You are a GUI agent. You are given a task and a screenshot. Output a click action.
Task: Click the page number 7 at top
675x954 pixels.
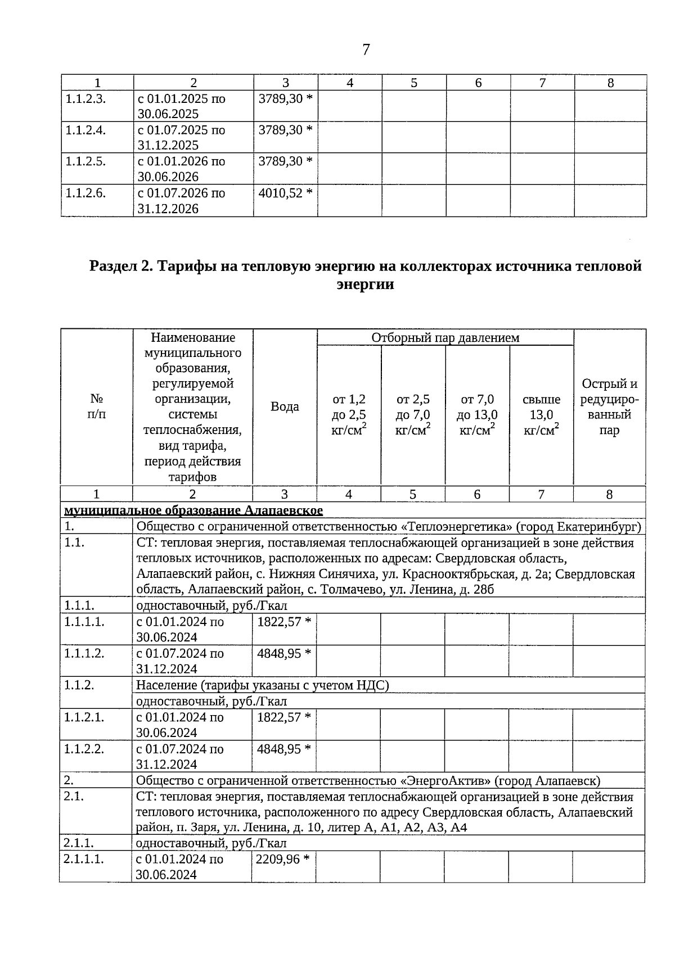click(366, 50)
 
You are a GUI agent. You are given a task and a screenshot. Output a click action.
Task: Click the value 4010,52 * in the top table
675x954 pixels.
click(285, 193)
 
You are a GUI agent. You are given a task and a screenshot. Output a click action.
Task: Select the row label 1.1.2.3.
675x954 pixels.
click(85, 99)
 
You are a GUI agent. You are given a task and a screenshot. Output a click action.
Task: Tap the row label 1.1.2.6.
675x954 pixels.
click(85, 193)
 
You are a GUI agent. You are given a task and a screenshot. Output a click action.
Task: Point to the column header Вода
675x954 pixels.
click(285, 406)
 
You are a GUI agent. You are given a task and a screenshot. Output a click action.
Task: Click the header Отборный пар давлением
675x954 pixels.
click(445, 338)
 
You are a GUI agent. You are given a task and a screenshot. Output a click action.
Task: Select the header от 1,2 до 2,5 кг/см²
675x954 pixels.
click(349, 415)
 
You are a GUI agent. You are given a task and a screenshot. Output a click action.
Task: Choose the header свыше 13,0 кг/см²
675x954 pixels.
click(541, 415)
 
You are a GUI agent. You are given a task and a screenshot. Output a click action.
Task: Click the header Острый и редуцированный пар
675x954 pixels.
click(609, 407)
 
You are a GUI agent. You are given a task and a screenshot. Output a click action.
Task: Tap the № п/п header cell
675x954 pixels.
click(96, 406)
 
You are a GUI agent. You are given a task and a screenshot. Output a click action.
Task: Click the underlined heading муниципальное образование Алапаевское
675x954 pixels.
click(193, 510)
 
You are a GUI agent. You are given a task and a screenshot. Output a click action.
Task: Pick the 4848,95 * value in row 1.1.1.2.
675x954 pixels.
click(283, 653)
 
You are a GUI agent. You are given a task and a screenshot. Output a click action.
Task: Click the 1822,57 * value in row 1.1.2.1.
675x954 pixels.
click(283, 717)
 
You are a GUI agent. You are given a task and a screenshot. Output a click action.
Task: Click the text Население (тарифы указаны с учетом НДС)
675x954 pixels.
click(262, 685)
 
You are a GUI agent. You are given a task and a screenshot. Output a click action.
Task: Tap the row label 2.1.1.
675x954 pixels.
click(79, 843)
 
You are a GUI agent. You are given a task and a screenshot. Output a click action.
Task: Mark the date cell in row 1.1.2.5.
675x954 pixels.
click(181, 169)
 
